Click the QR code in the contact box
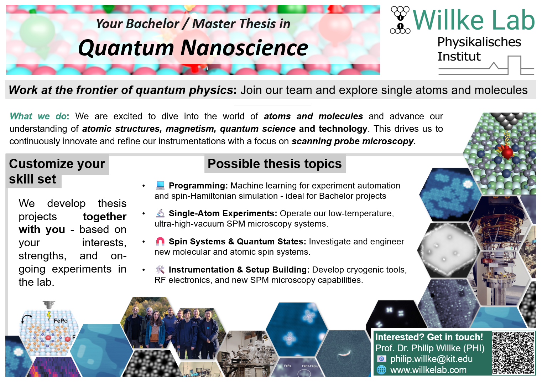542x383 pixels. coord(513,353)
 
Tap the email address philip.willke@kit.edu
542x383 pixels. coord(431,359)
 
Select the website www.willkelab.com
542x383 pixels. coord(428,370)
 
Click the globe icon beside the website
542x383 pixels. coord(382,370)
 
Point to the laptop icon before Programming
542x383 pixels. coord(160,185)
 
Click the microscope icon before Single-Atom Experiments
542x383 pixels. coord(160,213)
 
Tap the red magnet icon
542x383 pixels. coord(160,241)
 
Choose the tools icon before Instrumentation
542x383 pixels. coord(160,269)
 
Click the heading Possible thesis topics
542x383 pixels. coord(275,164)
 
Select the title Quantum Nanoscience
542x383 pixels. coord(193,48)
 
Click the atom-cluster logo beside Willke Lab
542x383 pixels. coord(400,20)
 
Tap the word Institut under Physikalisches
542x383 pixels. coord(459,56)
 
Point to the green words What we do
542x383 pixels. coord(38,116)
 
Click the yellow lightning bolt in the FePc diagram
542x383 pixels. coord(49,315)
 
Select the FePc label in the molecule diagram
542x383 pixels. coord(60,321)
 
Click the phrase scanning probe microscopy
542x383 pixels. coord(352,141)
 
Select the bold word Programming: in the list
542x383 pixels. coord(198,186)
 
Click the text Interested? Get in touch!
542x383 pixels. coord(429,337)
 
